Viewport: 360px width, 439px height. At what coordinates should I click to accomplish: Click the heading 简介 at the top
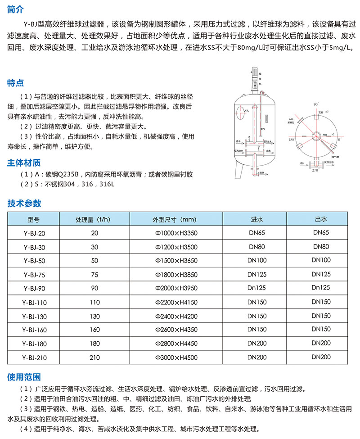[x=16, y=9]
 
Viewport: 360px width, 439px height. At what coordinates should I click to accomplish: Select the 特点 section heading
[x=16, y=83]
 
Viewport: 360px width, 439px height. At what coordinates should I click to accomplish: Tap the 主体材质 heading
[x=24, y=163]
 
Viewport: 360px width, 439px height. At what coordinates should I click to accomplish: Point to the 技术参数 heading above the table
[x=24, y=203]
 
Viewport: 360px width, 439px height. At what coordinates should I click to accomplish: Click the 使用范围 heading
[x=24, y=376]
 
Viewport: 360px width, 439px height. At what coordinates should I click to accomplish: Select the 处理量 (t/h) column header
[x=94, y=219]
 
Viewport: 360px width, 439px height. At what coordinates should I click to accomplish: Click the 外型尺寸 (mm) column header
[x=176, y=219]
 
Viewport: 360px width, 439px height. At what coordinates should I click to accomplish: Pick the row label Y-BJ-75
[x=34, y=274]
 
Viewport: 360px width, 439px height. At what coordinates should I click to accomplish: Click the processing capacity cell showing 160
[x=94, y=330]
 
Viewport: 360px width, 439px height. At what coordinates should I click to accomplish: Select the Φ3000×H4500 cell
[x=176, y=358]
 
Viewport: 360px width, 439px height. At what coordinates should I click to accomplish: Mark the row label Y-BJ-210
[x=34, y=358]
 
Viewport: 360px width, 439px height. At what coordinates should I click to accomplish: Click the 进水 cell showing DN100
[x=257, y=260]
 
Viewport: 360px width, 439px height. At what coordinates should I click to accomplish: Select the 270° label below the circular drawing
[x=315, y=171]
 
